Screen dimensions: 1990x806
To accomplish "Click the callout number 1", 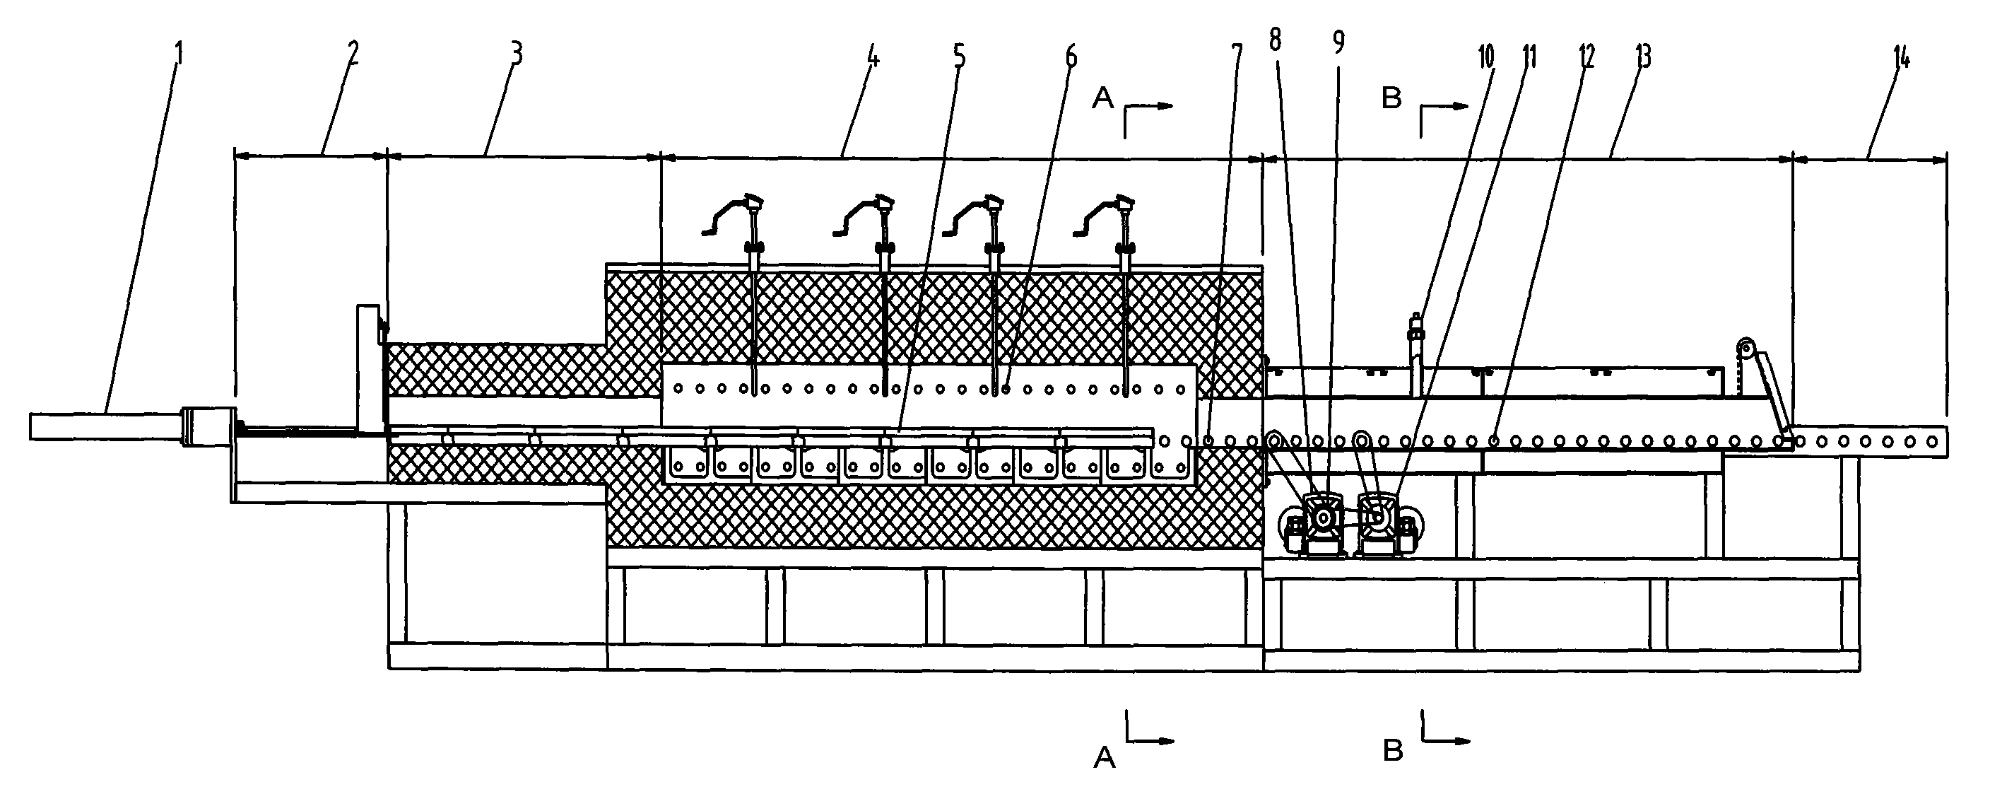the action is (x=179, y=54).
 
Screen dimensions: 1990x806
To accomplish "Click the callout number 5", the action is (x=959, y=57).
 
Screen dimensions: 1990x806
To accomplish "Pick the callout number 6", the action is (x=1071, y=57).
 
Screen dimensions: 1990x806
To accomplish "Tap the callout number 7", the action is (x=1237, y=56).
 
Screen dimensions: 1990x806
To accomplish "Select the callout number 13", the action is (x=1643, y=56).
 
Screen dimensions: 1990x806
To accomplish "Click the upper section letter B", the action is (x=1391, y=99).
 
